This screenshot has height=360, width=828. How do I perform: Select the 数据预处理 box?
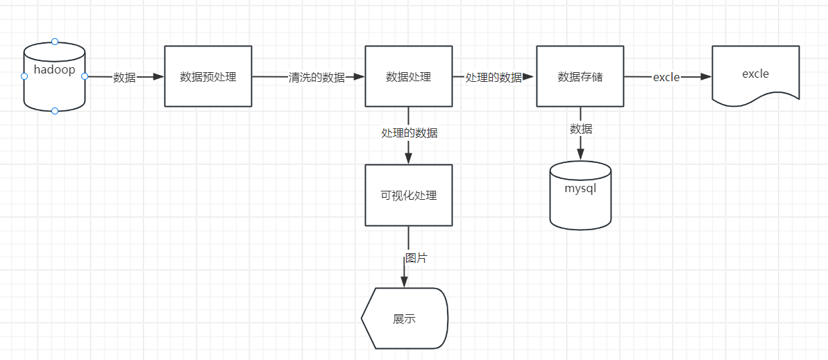[x=208, y=76]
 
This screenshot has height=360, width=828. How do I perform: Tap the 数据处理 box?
[x=408, y=76]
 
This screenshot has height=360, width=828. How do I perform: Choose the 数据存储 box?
[x=580, y=76]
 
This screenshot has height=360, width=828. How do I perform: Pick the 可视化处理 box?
[x=408, y=195]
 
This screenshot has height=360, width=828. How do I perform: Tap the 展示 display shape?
[x=405, y=318]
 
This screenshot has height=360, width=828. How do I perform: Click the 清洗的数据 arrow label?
[x=316, y=77]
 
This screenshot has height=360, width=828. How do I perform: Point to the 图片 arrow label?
[x=416, y=258]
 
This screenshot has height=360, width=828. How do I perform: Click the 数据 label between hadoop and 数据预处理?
[x=124, y=77]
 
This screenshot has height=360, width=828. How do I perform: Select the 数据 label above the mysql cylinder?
[x=581, y=128]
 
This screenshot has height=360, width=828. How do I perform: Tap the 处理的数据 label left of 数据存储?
[x=493, y=77]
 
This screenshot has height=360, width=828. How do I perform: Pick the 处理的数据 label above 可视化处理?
[x=409, y=132]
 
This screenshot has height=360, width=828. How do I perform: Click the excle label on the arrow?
[x=666, y=77]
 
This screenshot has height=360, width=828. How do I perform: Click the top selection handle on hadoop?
[x=55, y=42]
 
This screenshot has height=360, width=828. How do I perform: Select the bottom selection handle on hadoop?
[x=55, y=111]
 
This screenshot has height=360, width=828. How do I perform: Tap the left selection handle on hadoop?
[x=24, y=76]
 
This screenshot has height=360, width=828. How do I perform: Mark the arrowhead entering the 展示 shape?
[x=403, y=281]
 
